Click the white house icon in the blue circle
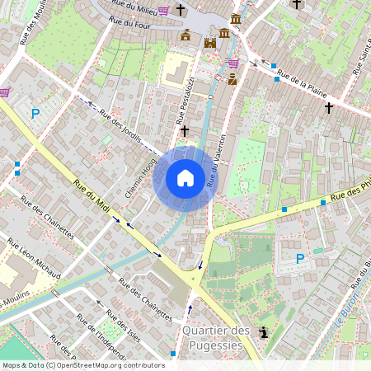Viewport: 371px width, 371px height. coord(185,178)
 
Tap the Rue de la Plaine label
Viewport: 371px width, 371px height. coord(304,79)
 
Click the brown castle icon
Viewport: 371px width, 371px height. coord(209,42)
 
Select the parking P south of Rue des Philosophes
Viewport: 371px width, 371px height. coord(301,259)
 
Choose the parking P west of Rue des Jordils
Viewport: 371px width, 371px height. coord(35,113)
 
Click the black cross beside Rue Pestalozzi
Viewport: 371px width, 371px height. coord(185,130)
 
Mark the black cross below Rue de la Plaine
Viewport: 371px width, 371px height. coord(328,107)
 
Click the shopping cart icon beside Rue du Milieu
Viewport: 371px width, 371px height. coord(163,10)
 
